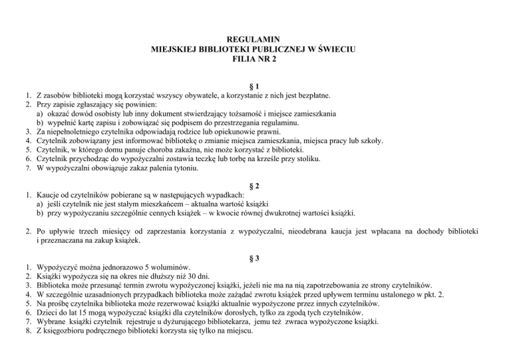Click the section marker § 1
(254, 86)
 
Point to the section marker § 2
(254, 185)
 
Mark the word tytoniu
(164, 170)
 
